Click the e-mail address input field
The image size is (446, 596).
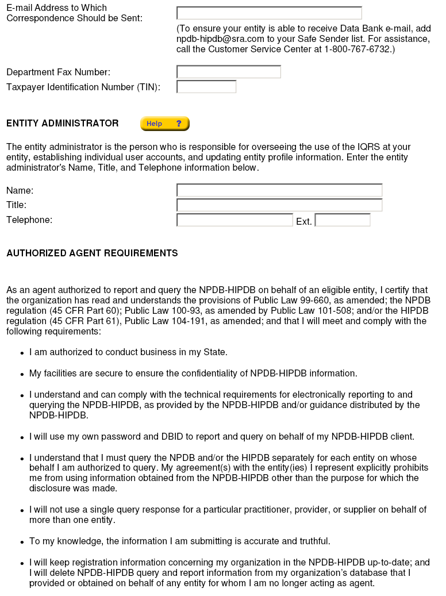point(269,13)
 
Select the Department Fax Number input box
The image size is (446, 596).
point(229,72)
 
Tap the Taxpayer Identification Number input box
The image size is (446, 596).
point(206,87)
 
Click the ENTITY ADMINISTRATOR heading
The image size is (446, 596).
point(63,124)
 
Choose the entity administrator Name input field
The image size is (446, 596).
point(279,190)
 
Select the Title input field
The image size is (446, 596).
point(279,205)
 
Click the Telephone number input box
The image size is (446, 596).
point(234,220)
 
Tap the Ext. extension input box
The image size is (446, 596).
point(343,220)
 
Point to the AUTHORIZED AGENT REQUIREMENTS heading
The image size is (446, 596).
point(92,253)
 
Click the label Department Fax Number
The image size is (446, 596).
point(58,72)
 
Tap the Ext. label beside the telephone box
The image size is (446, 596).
point(304,221)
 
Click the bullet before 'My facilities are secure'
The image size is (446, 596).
point(22,374)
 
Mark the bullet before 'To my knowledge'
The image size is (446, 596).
point(22,542)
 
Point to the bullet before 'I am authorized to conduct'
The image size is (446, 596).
point(22,353)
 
